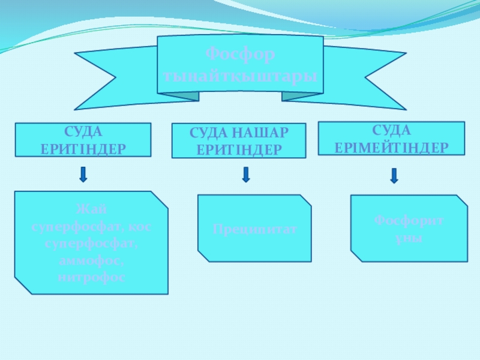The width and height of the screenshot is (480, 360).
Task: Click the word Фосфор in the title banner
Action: pyautogui.click(x=240, y=55)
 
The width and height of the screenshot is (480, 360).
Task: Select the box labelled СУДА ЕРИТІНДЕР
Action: pyautogui.click(x=83, y=140)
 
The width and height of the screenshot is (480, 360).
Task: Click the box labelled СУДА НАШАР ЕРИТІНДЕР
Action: pyautogui.click(x=239, y=141)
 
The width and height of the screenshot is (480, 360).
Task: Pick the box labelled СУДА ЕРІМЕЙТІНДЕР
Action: pyautogui.click(x=391, y=139)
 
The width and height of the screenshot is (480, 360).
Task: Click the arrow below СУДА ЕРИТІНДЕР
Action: pyautogui.click(x=83, y=174)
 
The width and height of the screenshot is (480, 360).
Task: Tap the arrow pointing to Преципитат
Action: pyautogui.click(x=245, y=174)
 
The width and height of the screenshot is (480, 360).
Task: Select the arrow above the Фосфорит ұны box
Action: pyautogui.click(x=394, y=175)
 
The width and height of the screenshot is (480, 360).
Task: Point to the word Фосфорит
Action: pyautogui.click(x=409, y=221)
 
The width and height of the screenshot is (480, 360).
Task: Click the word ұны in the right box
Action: pyautogui.click(x=409, y=238)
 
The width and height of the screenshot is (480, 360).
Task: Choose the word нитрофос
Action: pyautogui.click(x=92, y=278)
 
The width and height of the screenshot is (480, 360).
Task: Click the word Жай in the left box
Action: pyautogui.click(x=92, y=209)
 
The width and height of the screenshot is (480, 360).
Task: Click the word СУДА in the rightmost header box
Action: pyautogui.click(x=391, y=130)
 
